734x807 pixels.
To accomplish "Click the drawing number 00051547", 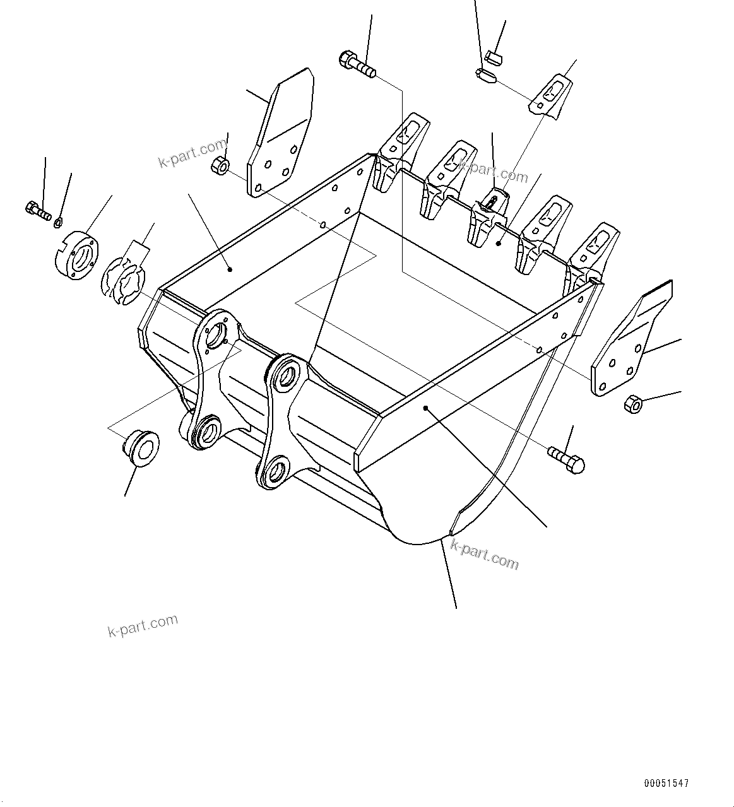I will point(666,783).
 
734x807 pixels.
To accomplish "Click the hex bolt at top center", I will point(357,64).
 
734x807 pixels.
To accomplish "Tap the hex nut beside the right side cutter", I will point(632,403).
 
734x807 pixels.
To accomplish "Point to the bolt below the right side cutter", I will point(567,459).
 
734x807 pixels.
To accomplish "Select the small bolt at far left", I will point(37,209).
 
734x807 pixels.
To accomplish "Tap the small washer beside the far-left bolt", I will point(58,221).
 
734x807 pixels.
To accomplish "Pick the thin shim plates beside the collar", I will point(123,278).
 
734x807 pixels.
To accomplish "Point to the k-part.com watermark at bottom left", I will point(143,626).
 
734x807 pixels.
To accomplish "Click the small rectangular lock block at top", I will point(494,59).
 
